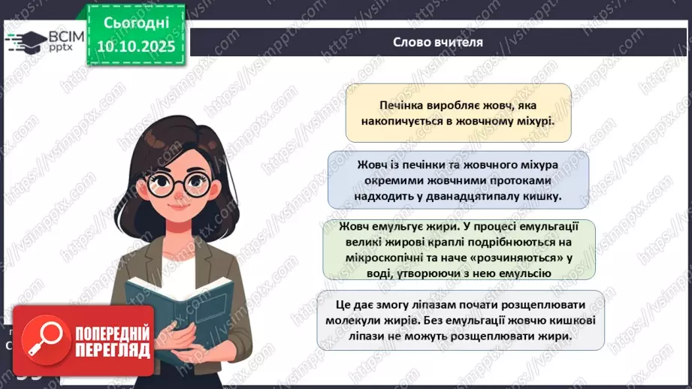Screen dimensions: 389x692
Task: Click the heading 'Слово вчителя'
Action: [x=437, y=42]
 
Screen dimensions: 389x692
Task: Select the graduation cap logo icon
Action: [x=25, y=41]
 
